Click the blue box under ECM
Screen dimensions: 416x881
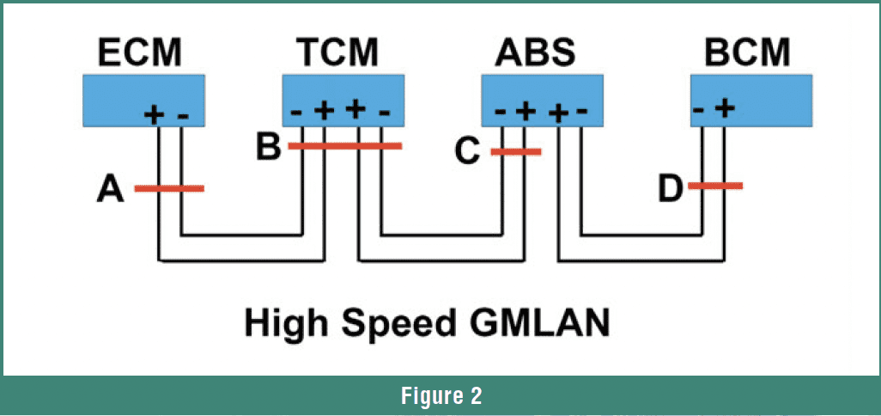[x=143, y=101]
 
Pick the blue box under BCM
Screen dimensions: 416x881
[x=751, y=101]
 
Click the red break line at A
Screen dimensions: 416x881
[x=169, y=188]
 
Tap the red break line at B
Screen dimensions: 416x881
[x=344, y=146]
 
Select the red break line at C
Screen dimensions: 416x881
[x=516, y=152]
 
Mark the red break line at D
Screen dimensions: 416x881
[x=714, y=186]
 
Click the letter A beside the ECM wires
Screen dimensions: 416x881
[x=110, y=189]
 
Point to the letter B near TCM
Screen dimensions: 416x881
[x=268, y=147]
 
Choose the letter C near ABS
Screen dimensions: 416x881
[x=467, y=152]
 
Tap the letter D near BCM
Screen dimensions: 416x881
[x=671, y=187]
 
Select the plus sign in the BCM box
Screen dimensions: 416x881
[x=725, y=107]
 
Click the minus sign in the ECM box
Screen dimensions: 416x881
[x=182, y=114]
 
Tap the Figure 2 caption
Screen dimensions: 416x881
[x=440, y=395]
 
